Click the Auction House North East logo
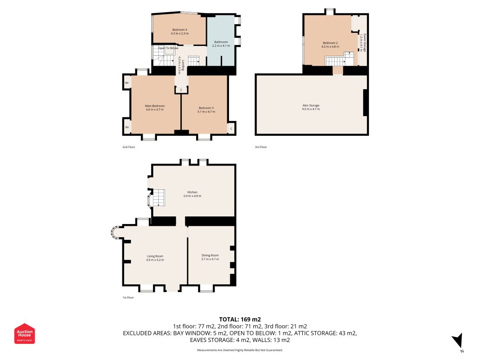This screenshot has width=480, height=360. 25,333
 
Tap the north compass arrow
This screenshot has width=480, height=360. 458,340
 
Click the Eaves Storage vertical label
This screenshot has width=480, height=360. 363,43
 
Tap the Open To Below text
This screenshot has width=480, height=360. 168,48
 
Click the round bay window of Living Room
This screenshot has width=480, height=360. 115,232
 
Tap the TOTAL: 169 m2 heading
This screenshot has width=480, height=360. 239,319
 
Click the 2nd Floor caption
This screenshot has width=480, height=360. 128,147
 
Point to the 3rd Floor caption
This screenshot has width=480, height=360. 261,147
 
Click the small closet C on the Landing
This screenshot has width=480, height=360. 181,90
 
